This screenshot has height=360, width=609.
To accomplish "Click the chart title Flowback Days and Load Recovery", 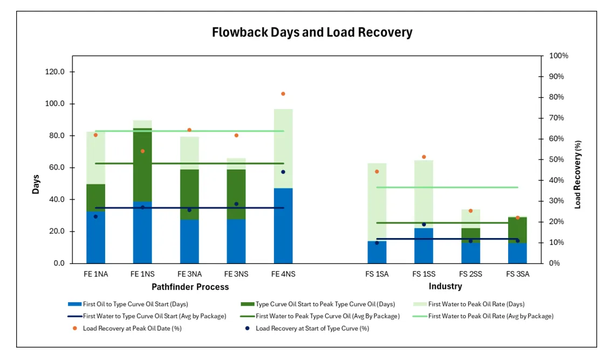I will coord(312,32).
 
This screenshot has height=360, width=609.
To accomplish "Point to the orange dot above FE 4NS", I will coord(283,94).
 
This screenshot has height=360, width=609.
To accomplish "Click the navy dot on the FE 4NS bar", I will coord(283,172).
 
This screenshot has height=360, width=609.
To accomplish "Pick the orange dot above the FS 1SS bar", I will coord(424,157).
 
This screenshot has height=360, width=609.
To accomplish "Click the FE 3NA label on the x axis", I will coord(189,274).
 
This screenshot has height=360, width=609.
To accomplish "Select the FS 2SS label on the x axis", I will coord(471,274).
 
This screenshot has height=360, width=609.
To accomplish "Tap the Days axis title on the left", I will coord(36,184).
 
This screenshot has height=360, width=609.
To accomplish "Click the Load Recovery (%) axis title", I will coord(578,174).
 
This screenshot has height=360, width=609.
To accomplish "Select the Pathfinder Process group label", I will coord(190,287).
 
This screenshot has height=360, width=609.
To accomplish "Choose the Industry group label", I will coord(445,287).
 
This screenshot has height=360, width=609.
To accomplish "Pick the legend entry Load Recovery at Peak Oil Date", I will coord(132,328).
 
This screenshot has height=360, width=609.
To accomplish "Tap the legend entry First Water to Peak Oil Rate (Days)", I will coord(476,304).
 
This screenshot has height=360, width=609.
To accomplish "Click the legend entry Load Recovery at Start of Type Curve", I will coord(312,328).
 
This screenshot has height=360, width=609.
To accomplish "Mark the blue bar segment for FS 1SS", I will coord(424,246).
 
